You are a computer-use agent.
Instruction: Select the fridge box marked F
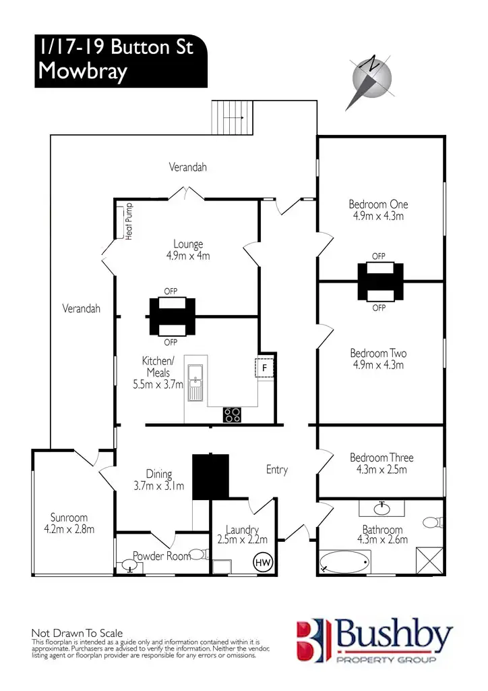(264, 368)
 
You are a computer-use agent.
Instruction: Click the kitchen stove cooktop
(233, 414)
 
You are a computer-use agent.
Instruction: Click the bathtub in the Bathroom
(344, 561)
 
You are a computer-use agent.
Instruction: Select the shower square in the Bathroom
(429, 561)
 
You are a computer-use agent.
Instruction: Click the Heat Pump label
(129, 221)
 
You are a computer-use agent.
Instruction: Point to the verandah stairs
(231, 117)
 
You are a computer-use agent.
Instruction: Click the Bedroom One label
(378, 204)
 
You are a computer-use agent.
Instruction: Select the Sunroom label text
(69, 518)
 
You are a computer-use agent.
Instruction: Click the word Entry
(276, 470)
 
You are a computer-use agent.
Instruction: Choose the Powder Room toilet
(195, 555)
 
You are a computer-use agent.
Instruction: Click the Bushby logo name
(395, 636)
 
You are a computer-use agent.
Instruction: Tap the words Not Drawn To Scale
(78, 632)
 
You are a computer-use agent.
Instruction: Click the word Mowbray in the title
(82, 72)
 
